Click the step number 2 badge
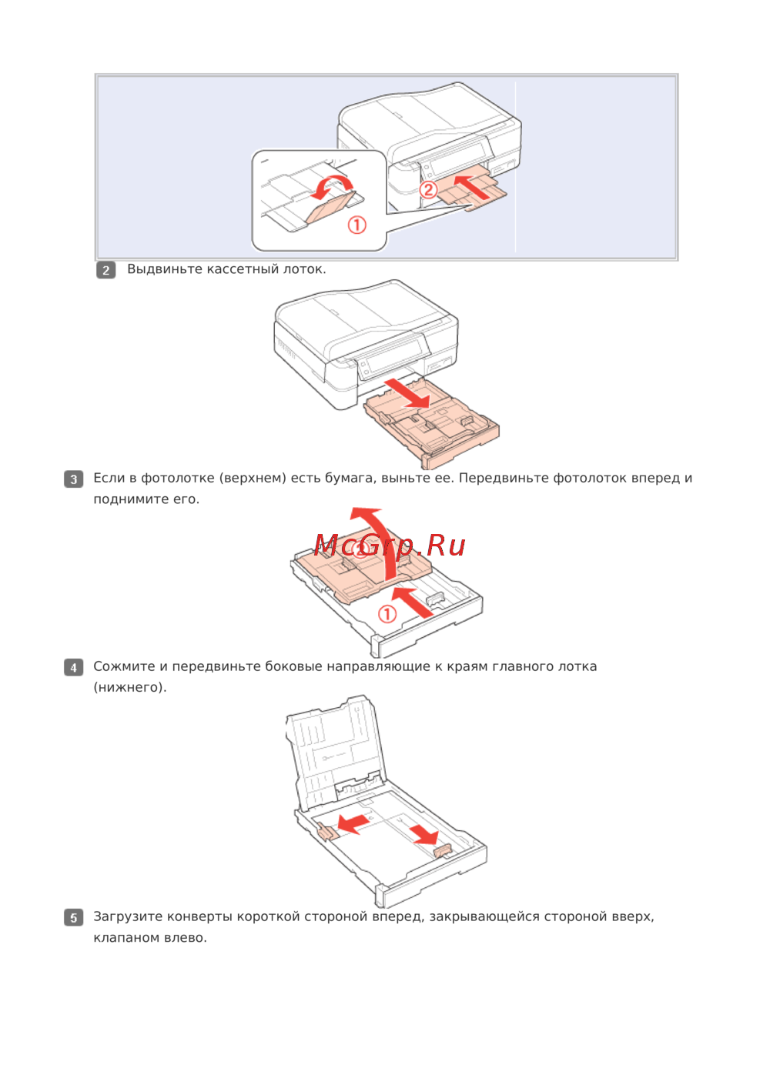(x=106, y=270)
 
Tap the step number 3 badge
(x=73, y=479)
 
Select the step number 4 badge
(x=73, y=667)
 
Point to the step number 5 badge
(x=73, y=917)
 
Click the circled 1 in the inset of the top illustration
(x=357, y=225)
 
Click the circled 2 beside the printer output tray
(x=428, y=190)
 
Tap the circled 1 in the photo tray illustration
(x=387, y=613)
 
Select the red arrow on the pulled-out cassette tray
(x=407, y=392)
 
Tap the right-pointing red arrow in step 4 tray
(x=424, y=834)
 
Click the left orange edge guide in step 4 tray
(x=326, y=831)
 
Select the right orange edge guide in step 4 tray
(x=443, y=850)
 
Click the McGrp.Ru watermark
(x=390, y=546)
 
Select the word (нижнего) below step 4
(x=130, y=687)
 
